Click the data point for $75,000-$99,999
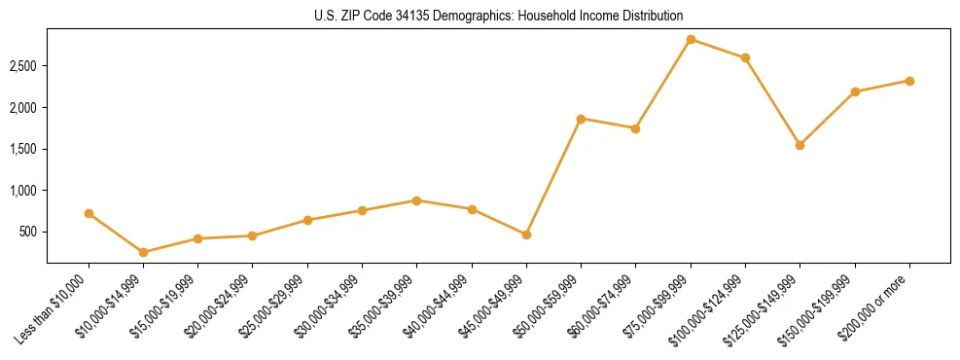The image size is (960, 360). point(691,39)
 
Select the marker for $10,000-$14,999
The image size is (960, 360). point(144,252)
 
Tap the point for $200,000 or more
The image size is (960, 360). point(909,81)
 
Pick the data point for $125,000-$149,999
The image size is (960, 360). point(800,145)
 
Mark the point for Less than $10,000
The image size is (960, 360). point(89,213)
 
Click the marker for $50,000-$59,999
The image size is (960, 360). point(581,119)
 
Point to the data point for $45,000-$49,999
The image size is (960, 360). point(526,234)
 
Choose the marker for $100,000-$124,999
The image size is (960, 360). point(745,57)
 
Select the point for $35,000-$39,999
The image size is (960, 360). point(416,200)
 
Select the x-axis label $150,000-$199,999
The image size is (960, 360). point(827,306)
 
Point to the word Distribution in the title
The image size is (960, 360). point(651,16)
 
